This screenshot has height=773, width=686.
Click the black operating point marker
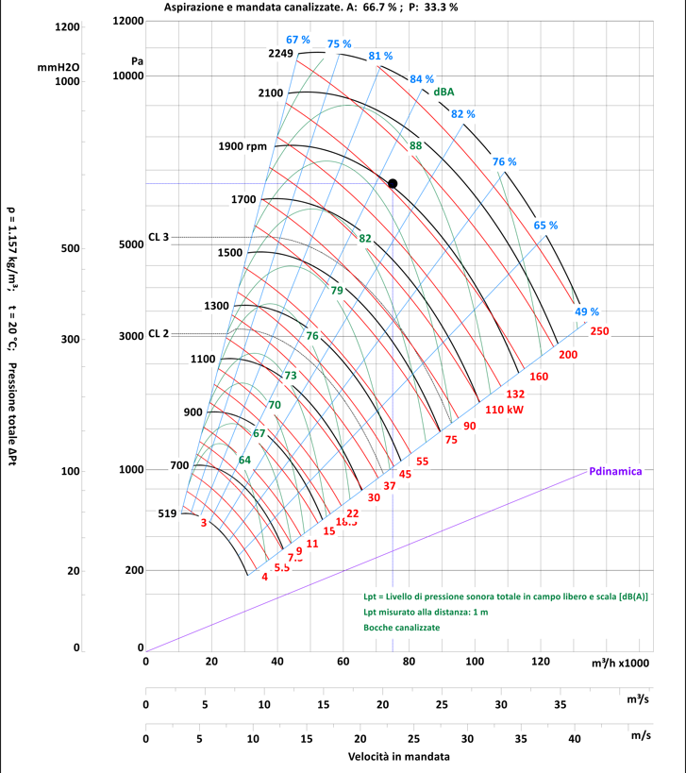393,183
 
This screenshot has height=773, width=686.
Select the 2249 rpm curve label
281,54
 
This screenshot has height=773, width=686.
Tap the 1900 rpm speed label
243,146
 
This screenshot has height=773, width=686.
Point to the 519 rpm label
167,513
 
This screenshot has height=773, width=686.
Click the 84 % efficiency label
422,79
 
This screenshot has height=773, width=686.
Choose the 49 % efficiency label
586,311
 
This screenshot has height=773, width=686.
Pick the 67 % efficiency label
297,40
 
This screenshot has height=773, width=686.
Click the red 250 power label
599,331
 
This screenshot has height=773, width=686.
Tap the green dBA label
444,92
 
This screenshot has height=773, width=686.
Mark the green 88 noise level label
415,145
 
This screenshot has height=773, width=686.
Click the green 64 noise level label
244,460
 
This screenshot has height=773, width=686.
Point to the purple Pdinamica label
615,470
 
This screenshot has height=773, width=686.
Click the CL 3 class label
158,237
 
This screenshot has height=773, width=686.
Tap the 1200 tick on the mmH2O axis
67,26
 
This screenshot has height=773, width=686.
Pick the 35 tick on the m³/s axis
560,704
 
